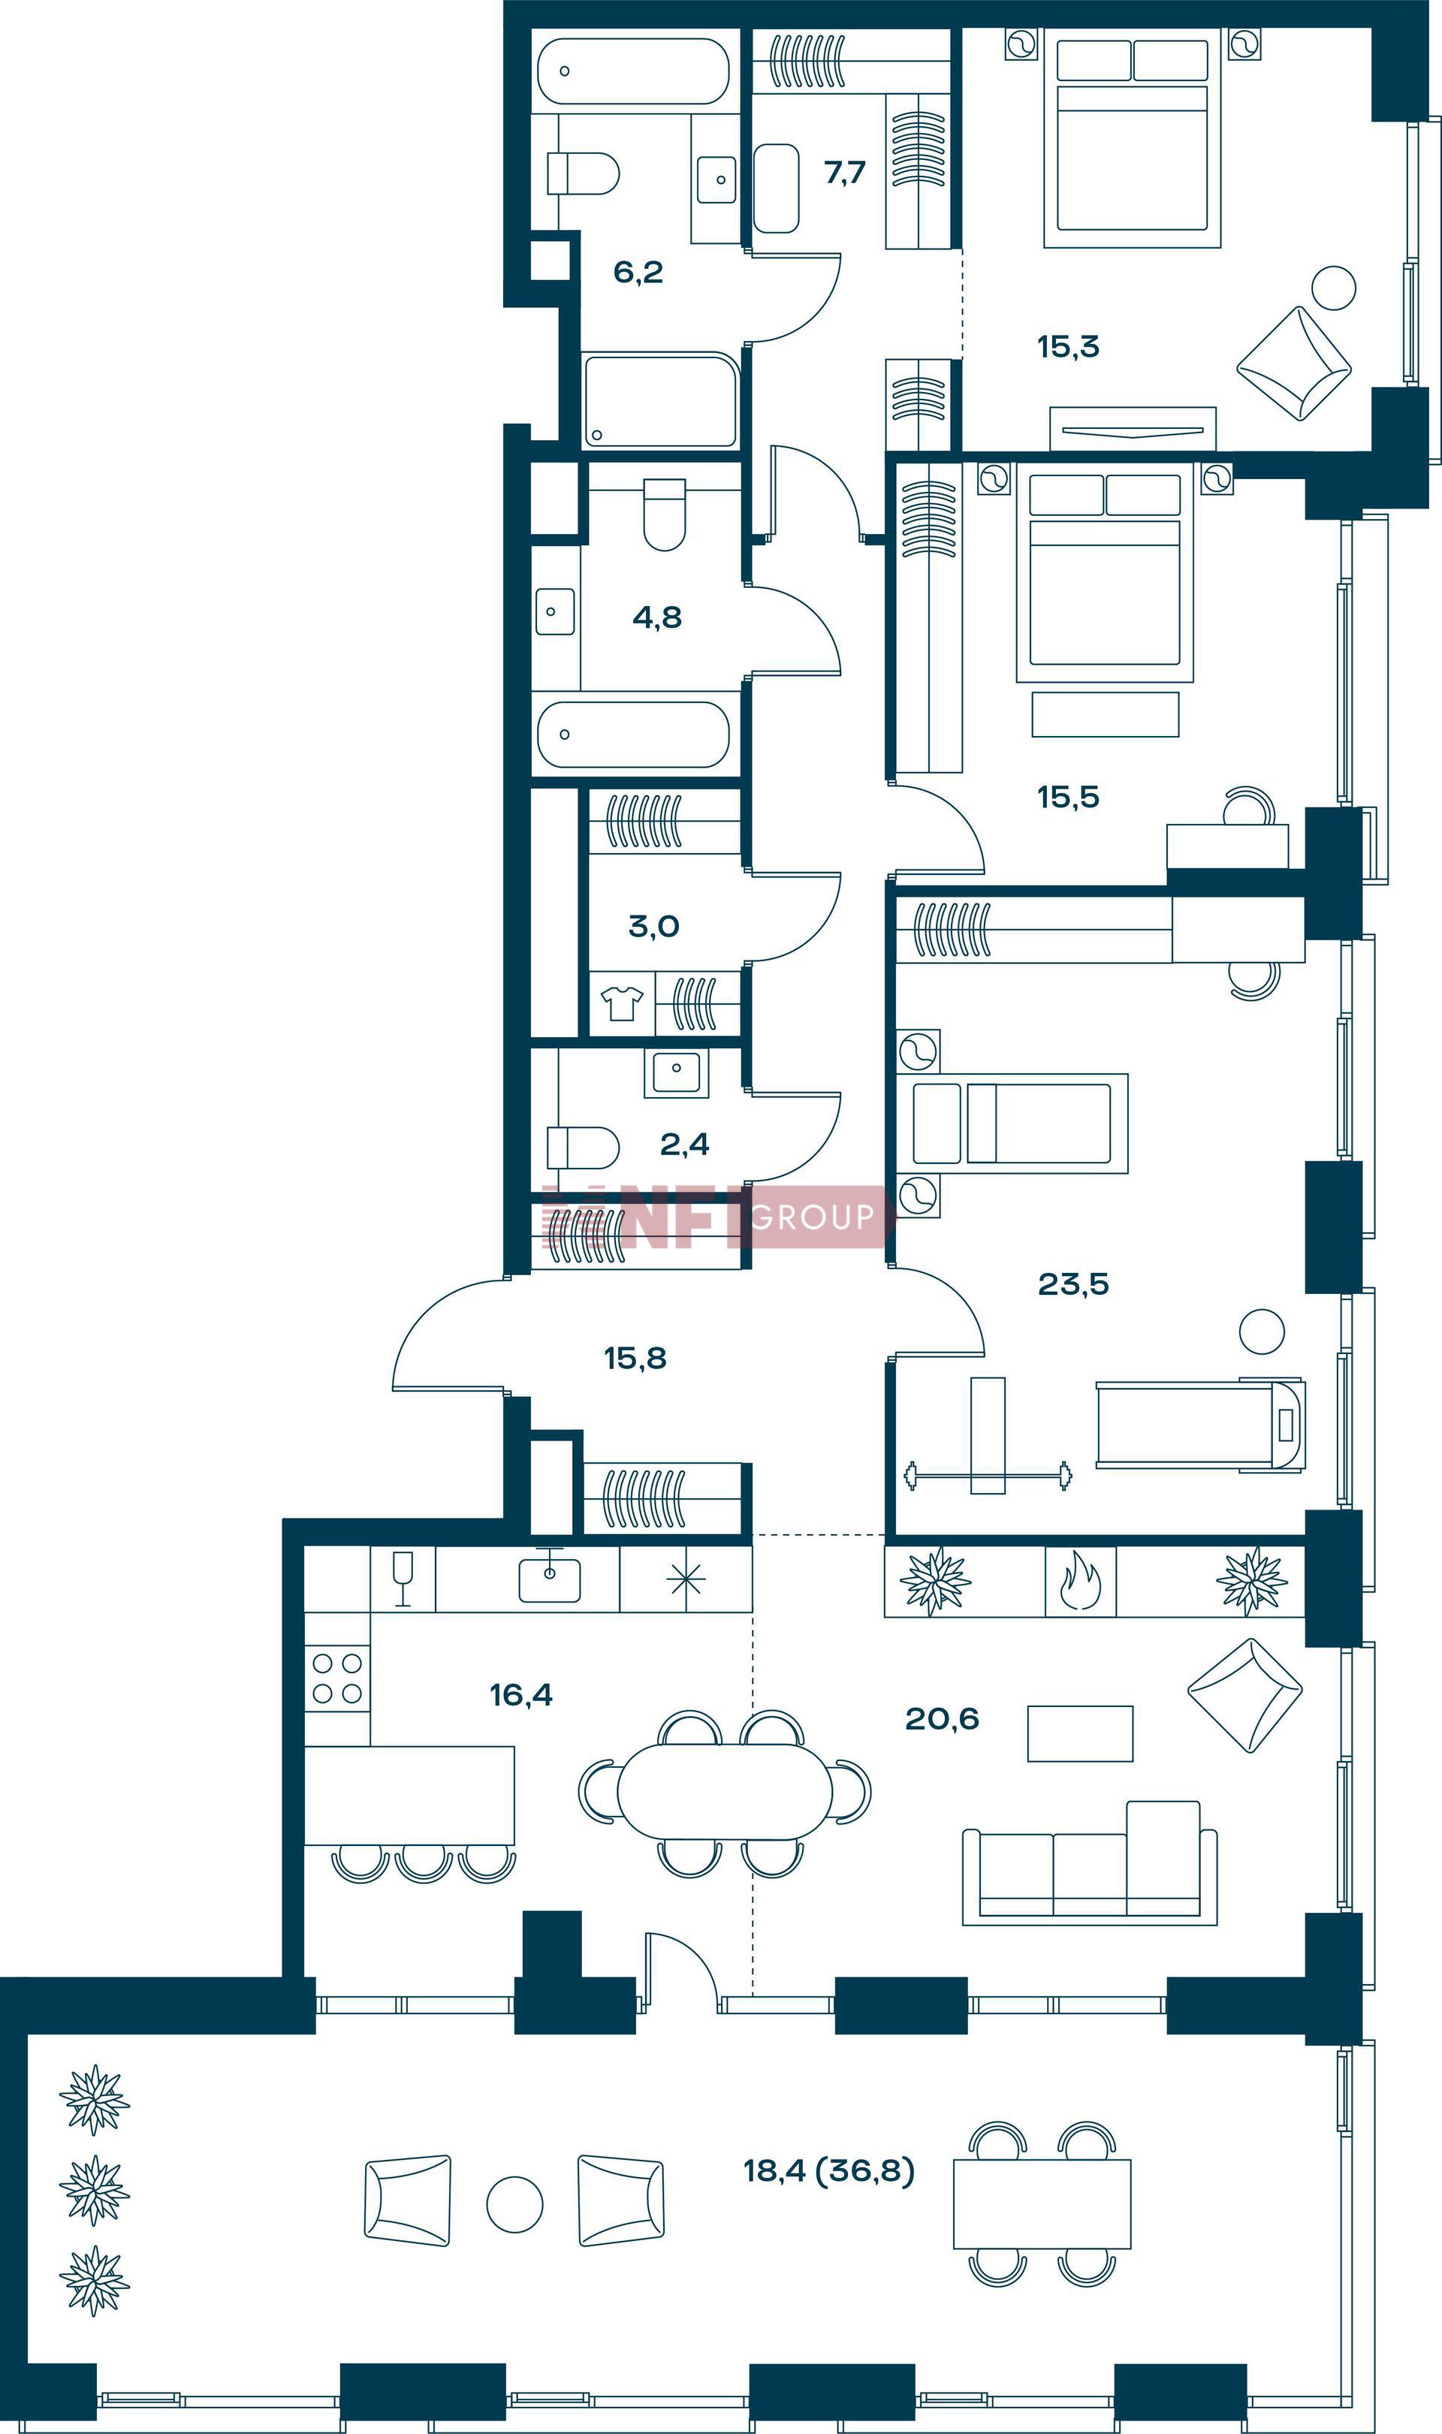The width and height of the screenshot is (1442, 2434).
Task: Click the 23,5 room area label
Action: (x=1072, y=1284)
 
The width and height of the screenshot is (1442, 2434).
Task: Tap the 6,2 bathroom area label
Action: (x=638, y=272)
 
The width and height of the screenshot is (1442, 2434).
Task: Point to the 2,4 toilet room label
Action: (x=684, y=1145)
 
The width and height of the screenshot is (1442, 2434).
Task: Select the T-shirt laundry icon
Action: (x=622, y=1003)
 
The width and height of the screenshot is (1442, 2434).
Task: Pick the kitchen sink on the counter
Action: (x=549, y=1578)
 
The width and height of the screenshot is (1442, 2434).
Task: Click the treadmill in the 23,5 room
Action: (x=1201, y=1425)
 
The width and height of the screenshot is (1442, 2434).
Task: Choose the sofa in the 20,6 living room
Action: (x=1089, y=1864)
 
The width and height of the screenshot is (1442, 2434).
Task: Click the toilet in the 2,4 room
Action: (x=583, y=1148)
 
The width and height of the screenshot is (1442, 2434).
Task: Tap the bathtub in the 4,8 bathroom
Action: (x=634, y=734)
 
